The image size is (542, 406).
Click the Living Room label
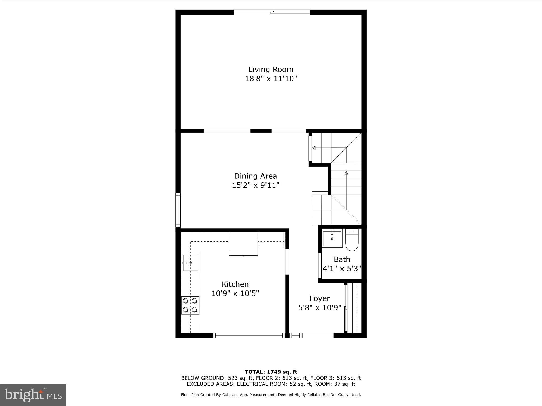click(x=271, y=70)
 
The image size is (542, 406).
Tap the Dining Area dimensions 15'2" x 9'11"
click(x=255, y=185)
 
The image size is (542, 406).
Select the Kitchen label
click(x=235, y=284)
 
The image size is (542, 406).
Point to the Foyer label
click(x=320, y=298)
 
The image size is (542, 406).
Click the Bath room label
click(x=342, y=259)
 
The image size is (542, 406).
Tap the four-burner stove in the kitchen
click(x=190, y=305)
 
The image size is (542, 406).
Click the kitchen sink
click(x=191, y=263)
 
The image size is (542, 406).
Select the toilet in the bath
click(x=352, y=240)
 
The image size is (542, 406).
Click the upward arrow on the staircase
click(x=346, y=173)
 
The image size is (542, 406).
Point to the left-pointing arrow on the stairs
click(x=314, y=148)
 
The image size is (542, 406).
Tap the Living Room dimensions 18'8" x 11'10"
click(x=271, y=79)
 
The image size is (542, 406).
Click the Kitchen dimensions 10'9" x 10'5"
click(x=235, y=293)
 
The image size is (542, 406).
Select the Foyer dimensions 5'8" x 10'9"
click(x=320, y=308)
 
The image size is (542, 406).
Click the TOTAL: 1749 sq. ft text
click(x=271, y=372)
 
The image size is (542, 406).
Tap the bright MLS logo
click(x=33, y=395)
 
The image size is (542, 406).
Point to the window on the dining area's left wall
click(x=178, y=210)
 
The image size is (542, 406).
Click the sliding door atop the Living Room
click(x=272, y=12)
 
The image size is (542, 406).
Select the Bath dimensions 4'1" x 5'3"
click(x=342, y=269)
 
